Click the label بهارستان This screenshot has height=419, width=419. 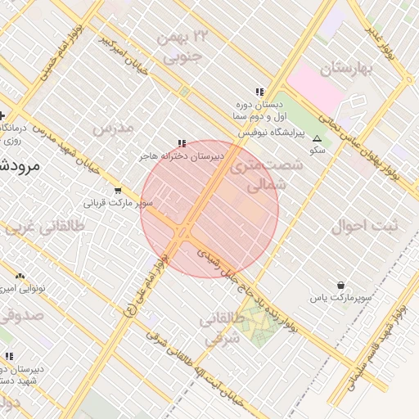tap(346, 67)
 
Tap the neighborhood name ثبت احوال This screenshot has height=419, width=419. tap(363, 226)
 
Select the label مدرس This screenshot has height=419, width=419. tap(112, 128)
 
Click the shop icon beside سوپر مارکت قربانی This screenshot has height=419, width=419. tap(118, 191)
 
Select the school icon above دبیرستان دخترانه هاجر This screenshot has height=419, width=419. tap(182, 144)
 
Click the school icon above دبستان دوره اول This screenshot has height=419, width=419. tap(259, 92)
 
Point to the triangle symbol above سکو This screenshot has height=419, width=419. tap(318, 138)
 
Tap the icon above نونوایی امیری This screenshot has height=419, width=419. tap(20, 277)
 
